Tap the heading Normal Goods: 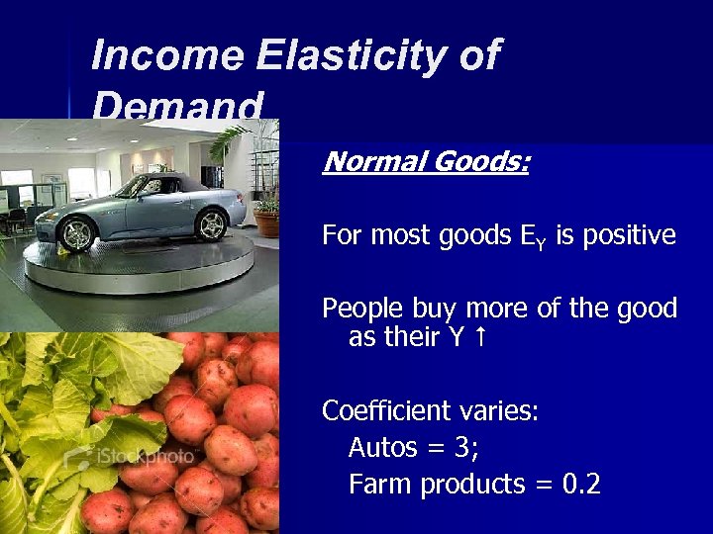425,160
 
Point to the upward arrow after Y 481,337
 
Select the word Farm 380,485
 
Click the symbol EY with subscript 532,236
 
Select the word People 362,310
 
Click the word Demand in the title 178,105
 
